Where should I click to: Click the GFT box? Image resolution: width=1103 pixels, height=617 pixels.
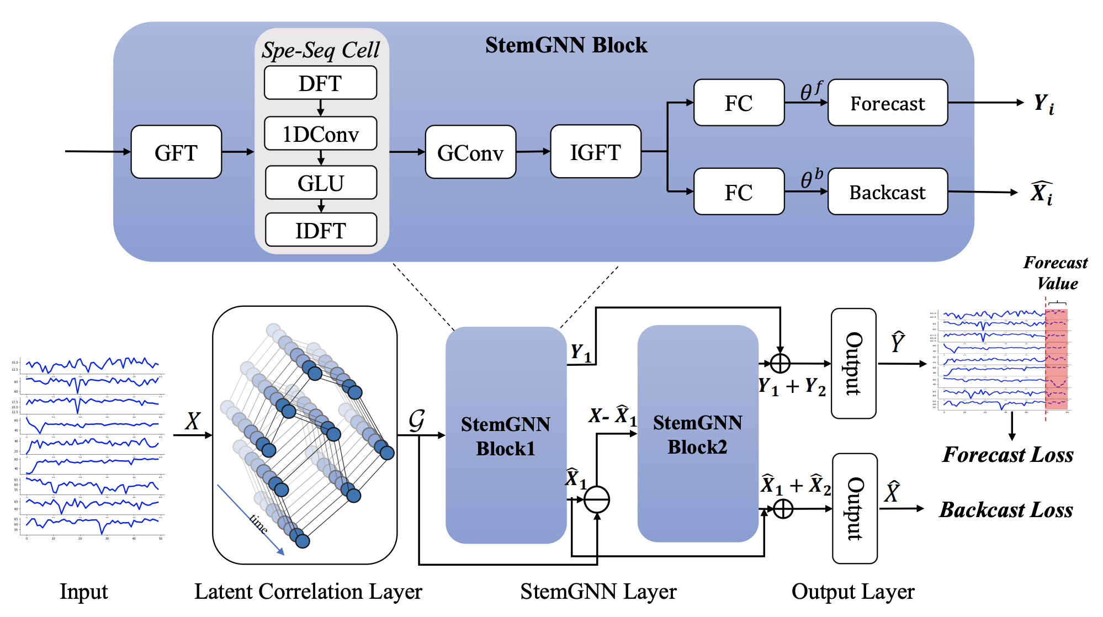pos(176,152)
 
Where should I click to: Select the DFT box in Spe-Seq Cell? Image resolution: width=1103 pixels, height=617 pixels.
pos(320,83)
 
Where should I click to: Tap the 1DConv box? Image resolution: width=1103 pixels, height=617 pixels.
pos(320,134)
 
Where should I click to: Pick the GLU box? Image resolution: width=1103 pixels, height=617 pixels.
pos(321,183)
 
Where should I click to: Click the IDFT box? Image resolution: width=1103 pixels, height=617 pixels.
pos(321,230)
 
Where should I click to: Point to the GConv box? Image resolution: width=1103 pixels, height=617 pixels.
pos(470,152)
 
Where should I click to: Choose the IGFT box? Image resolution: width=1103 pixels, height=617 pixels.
pos(596,152)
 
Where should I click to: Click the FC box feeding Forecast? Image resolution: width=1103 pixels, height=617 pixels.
pos(739,103)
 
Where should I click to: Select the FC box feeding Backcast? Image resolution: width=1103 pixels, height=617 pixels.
pos(739,192)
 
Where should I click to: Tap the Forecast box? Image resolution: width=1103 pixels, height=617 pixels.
pos(887,103)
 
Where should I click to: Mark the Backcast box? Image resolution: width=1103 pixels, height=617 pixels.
pos(887,192)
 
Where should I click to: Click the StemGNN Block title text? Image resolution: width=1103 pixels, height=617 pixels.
pos(566,45)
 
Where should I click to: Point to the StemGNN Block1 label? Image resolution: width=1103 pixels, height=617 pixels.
pos(506,436)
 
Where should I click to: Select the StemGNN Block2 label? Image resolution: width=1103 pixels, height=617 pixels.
pos(697,434)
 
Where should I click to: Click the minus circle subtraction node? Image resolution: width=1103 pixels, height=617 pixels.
pos(597,499)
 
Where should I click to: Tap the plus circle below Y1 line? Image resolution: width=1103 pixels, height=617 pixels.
pos(780,363)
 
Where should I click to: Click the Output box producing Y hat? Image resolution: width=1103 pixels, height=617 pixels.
pos(853,364)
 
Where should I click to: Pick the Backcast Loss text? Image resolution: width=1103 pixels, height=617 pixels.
pos(1006,509)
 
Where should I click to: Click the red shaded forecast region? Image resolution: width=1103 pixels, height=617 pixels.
pos(1056,359)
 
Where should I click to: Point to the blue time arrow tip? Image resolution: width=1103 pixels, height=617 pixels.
pos(283,554)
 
